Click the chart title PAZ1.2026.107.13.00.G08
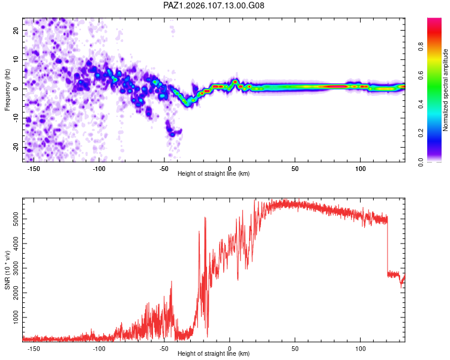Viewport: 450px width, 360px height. pyautogui.click(x=214, y=5)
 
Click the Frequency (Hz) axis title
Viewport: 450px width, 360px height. pyautogui.click(x=7, y=90)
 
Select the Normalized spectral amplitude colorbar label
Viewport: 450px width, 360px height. pyautogui.click(x=445, y=90)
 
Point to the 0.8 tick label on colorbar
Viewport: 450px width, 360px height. pyautogui.click(x=421, y=46)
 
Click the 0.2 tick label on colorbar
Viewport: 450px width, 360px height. pyautogui.click(x=421, y=133)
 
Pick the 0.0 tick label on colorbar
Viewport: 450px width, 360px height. pyautogui.click(x=421, y=162)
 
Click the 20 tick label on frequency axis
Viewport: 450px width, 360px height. pyautogui.click(x=16, y=30)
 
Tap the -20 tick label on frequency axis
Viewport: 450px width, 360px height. pyautogui.click(x=16, y=147)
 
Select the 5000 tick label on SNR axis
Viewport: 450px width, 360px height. pyautogui.click(x=16, y=219)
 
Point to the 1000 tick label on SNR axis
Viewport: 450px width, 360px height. pyautogui.click(x=16, y=317)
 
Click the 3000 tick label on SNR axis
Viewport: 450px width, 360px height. pyautogui.click(x=16, y=268)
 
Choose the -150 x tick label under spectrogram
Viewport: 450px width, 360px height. pyautogui.click(x=34, y=169)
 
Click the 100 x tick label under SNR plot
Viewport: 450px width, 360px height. pyautogui.click(x=361, y=349)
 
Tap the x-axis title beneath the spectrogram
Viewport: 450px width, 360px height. pyautogui.click(x=214, y=173)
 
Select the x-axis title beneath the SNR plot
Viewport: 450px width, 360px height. pyautogui.click(x=214, y=353)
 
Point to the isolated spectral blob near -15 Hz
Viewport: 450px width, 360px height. pyautogui.click(x=172, y=131)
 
